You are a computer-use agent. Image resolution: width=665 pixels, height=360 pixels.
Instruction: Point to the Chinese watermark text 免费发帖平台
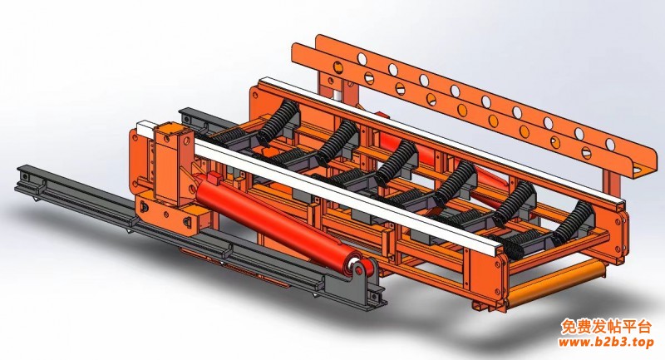pyautogui.click(x=606, y=327)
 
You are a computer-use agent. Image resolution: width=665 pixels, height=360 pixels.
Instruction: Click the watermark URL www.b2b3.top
pyautogui.click(x=606, y=343)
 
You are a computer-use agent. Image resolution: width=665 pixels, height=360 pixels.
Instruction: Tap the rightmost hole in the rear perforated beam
pyautogui.click(x=610, y=144)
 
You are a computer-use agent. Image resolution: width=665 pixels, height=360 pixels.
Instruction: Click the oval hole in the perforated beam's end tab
pyautogui.click(x=638, y=170)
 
